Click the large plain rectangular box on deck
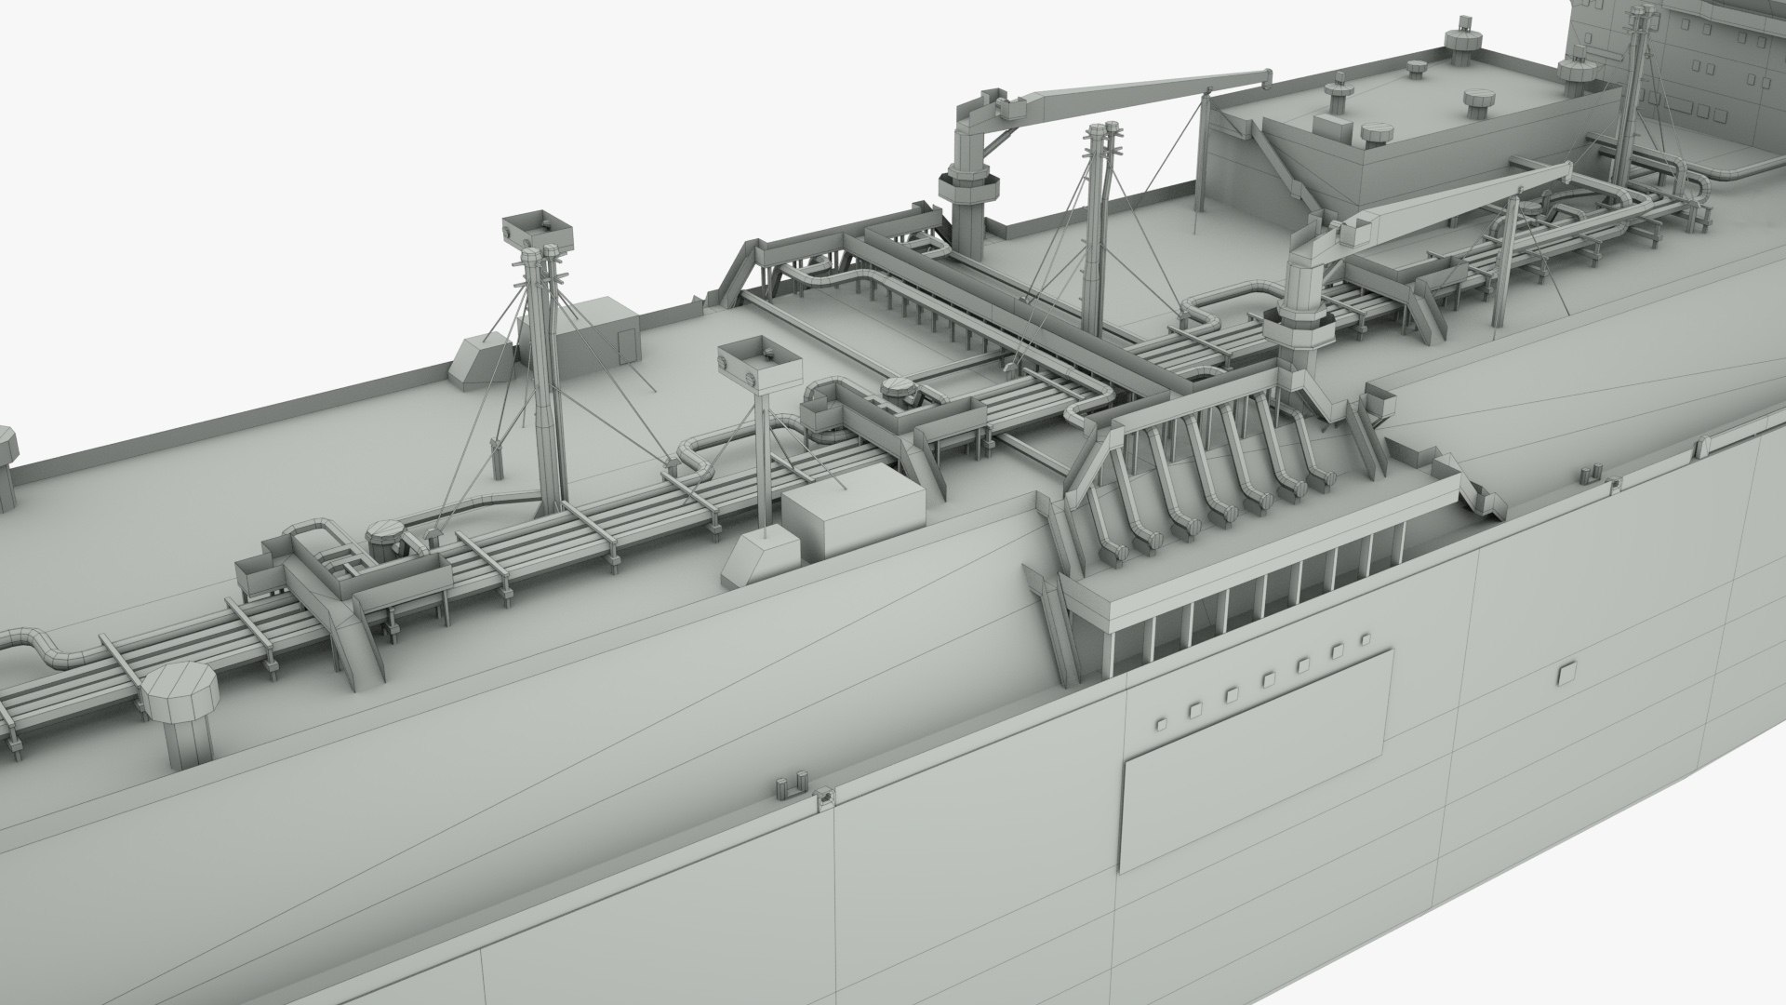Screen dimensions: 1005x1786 [x=853, y=521]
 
